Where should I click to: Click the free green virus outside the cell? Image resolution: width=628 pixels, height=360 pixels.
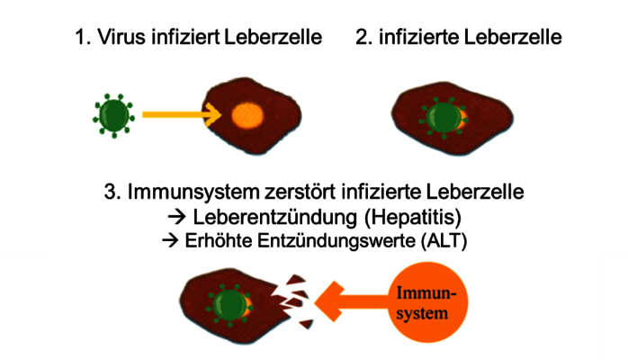pos(113,114)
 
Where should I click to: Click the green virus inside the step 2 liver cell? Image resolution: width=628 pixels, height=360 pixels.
pos(442,117)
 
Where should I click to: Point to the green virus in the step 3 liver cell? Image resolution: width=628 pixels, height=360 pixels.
pos(230,301)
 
